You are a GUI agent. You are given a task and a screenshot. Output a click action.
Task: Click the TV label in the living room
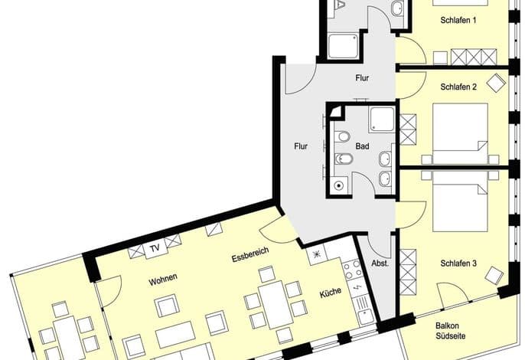pyautogui.click(x=155, y=248)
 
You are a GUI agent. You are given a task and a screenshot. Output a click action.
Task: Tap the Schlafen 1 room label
pyautogui.click(x=458, y=20)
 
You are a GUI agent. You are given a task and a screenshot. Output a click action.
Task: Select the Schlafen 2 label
pyautogui.click(x=458, y=87)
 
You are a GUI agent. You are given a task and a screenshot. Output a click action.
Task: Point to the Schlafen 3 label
pyautogui.click(x=458, y=263)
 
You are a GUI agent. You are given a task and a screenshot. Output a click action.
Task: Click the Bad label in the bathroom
pyautogui.click(x=362, y=146)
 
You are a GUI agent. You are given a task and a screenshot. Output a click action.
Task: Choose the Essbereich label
pyautogui.click(x=250, y=255)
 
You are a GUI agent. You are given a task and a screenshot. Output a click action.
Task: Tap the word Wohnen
pyautogui.click(x=163, y=280)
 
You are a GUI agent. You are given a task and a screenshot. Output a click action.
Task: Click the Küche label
pyautogui.click(x=331, y=293)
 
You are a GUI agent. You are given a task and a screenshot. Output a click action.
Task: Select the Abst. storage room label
pyautogui.click(x=380, y=263)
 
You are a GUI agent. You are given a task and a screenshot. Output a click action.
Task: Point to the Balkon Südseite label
pyautogui.click(x=447, y=330)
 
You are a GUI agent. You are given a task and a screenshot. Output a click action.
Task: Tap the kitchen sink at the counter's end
pyautogui.click(x=367, y=316)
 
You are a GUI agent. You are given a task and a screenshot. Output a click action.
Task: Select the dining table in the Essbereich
pyautogui.click(x=276, y=305)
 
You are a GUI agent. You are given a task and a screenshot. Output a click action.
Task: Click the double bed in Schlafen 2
pyautogui.click(x=460, y=133)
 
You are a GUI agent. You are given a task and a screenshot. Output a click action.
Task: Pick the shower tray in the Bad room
pyautogui.click(x=382, y=119)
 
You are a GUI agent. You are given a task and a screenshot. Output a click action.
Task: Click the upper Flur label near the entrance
pyautogui.click(x=362, y=78)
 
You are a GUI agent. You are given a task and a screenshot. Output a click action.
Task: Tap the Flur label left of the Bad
pyautogui.click(x=301, y=146)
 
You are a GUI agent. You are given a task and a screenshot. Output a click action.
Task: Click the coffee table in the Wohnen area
pyautogui.click(x=176, y=334)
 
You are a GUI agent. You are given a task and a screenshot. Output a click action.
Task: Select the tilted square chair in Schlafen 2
pyautogui.click(x=496, y=83)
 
